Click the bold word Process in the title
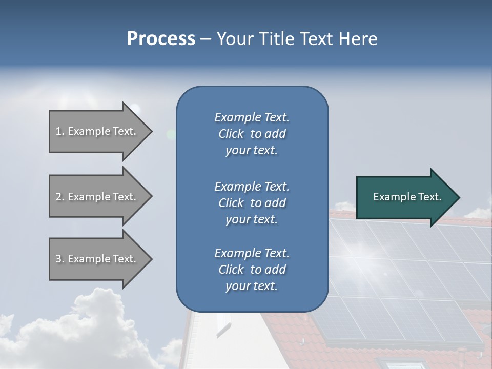click(x=160, y=38)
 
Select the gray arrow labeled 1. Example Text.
click(x=97, y=131)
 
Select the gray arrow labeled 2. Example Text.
click(x=97, y=197)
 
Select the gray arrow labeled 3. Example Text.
click(x=97, y=259)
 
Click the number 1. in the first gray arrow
click(x=60, y=131)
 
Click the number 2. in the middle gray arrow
click(x=60, y=197)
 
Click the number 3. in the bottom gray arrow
click(x=60, y=259)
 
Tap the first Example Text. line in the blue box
click(x=252, y=117)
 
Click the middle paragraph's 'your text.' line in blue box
click(x=252, y=219)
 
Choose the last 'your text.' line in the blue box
click(x=252, y=286)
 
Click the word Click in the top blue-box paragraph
click(x=231, y=134)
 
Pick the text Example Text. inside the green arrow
click(x=407, y=197)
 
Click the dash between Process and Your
click(x=206, y=39)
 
